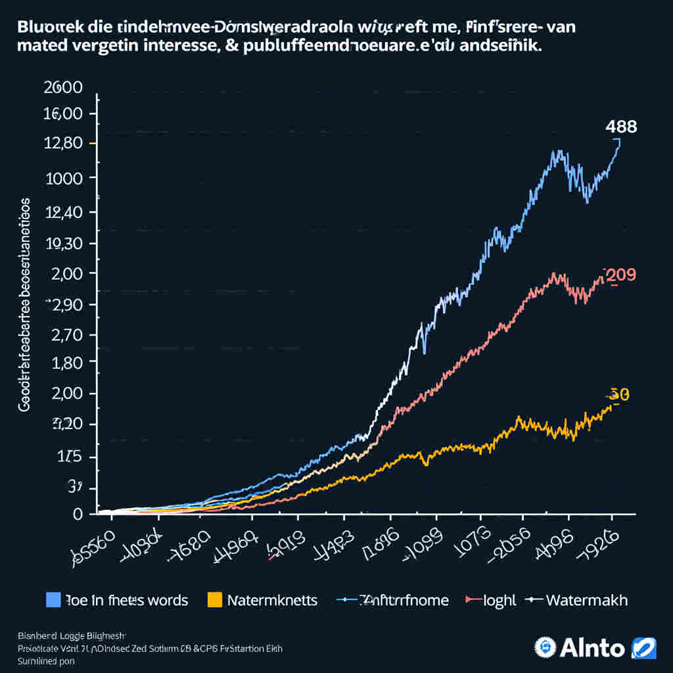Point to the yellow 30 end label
[619, 394]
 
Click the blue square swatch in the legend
[53, 599]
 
